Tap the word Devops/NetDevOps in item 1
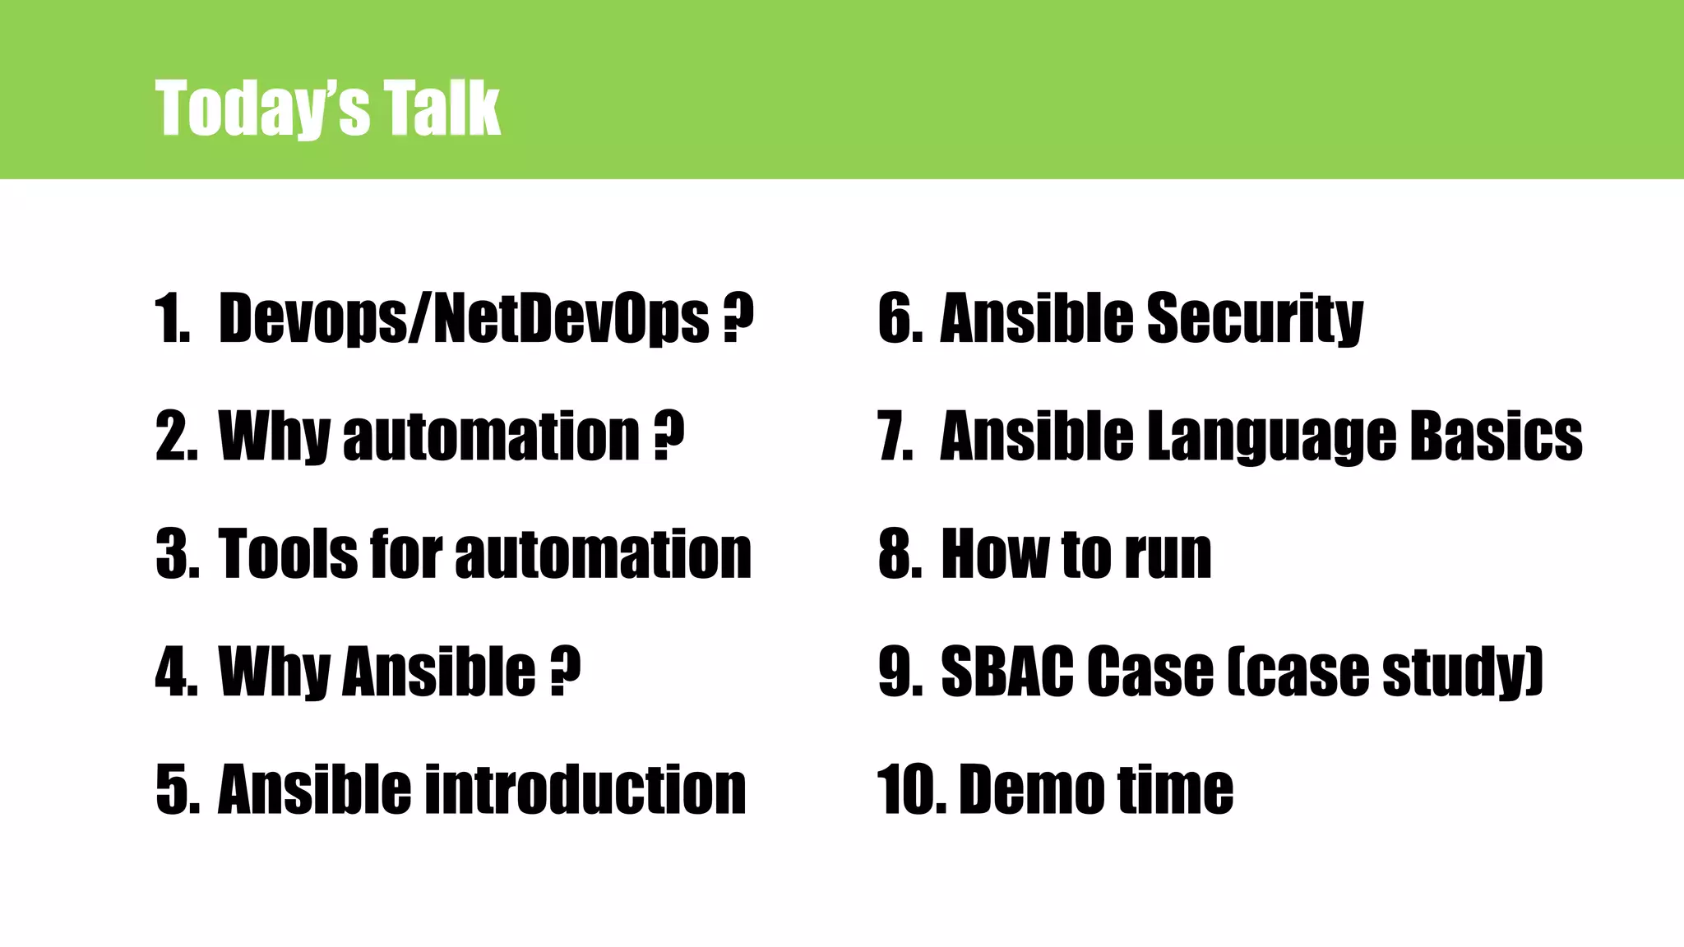[463, 318]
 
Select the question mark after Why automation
[669, 436]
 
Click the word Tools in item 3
[288, 554]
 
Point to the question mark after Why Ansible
[566, 672]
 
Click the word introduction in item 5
[585, 789]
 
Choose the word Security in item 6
[1255, 318]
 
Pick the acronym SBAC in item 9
[1007, 672]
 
